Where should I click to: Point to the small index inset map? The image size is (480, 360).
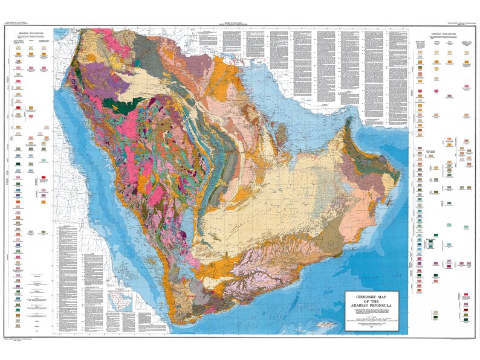(x=118, y=300)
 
